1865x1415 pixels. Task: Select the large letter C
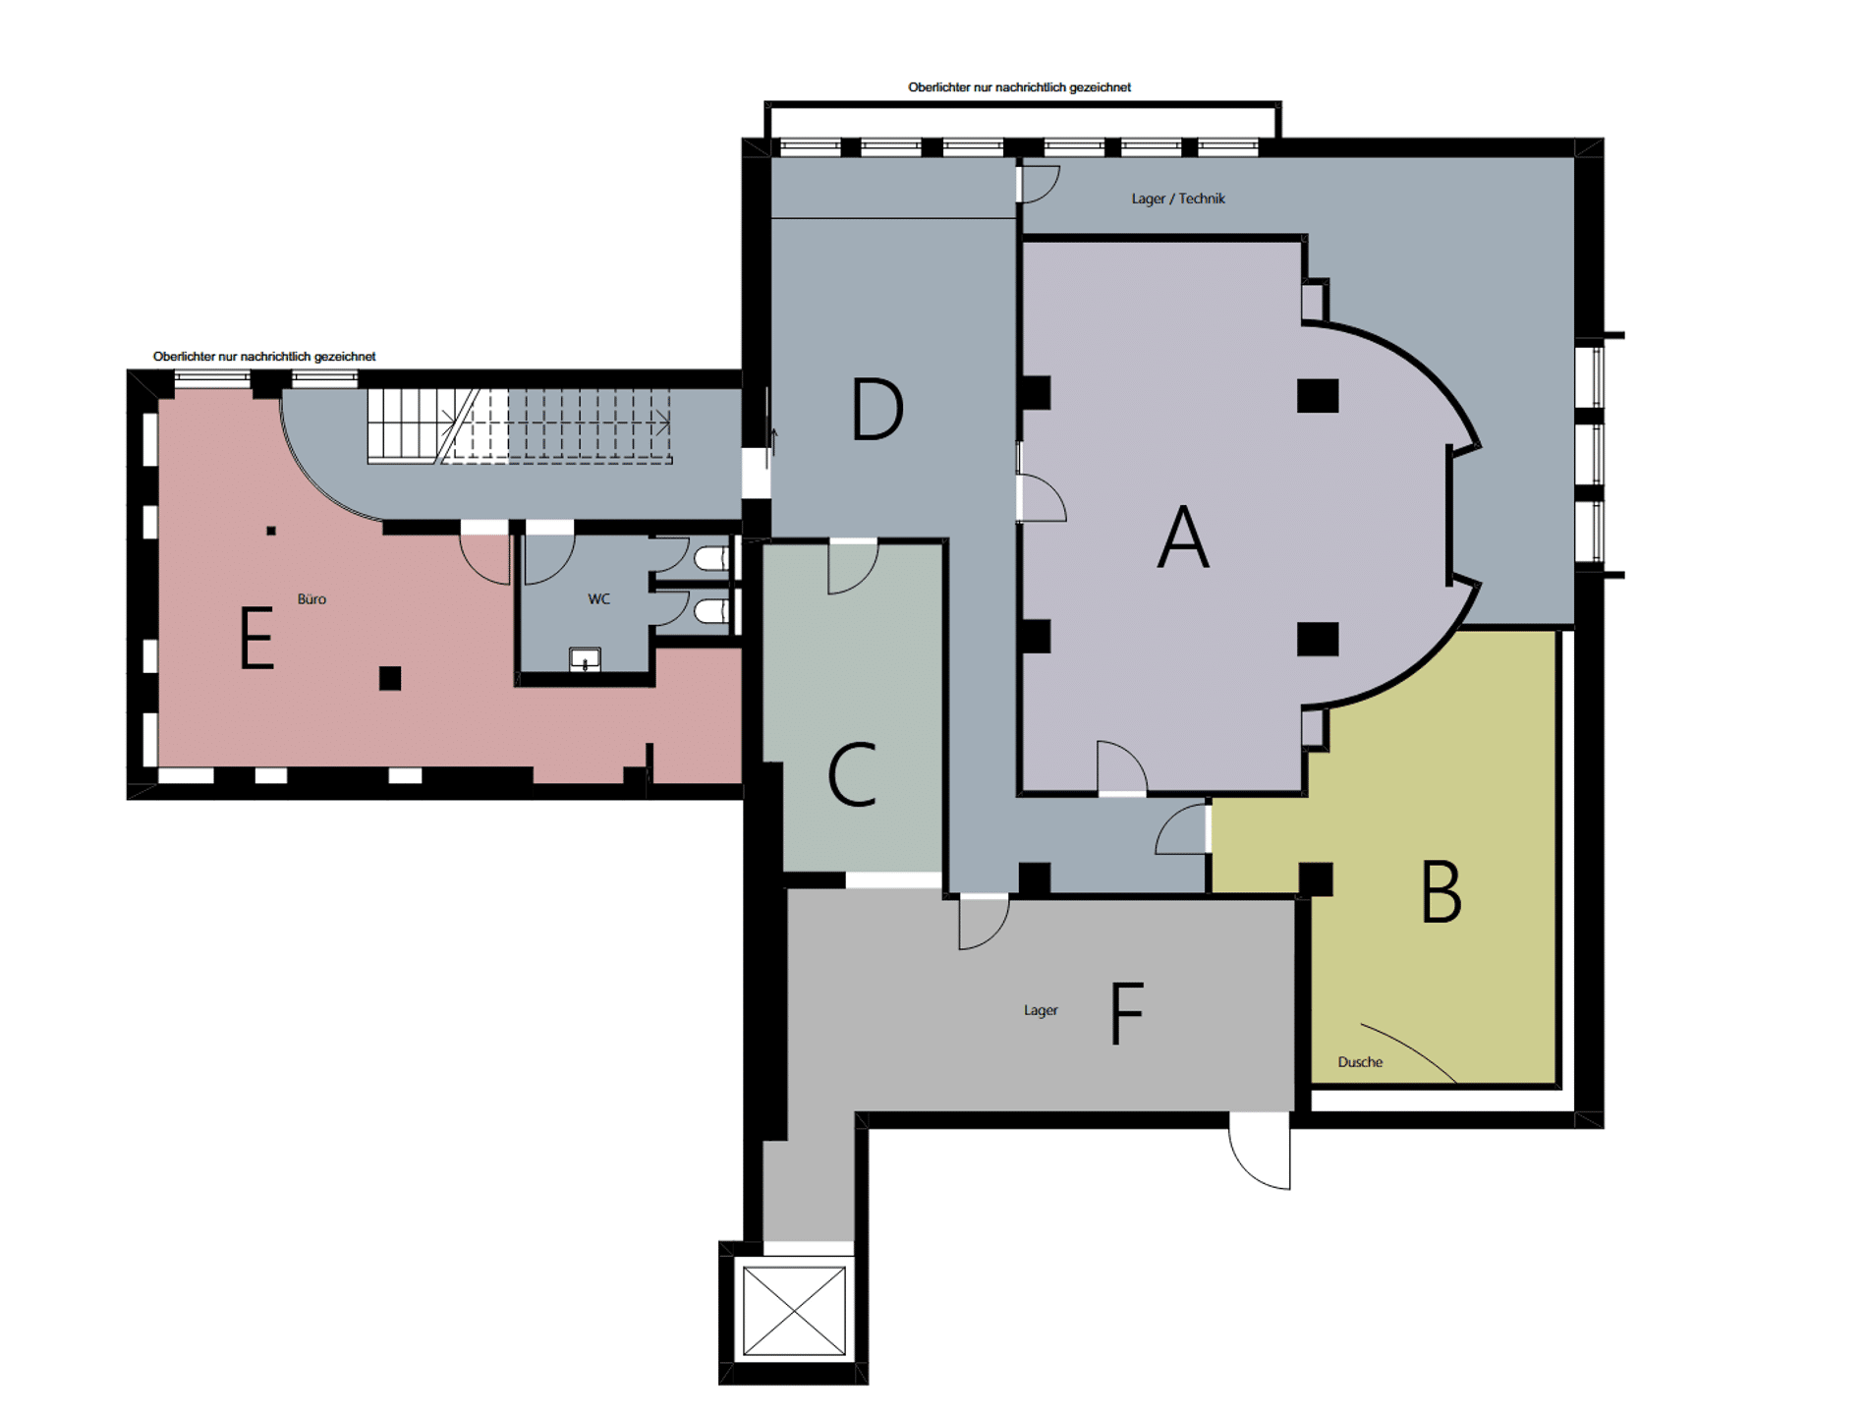click(852, 774)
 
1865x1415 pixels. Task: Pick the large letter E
click(256, 638)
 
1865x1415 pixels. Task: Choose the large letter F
click(1127, 1013)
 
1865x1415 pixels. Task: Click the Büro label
click(311, 598)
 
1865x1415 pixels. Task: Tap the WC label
click(598, 598)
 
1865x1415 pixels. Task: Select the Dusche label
click(1360, 1062)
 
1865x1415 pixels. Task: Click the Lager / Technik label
click(1178, 198)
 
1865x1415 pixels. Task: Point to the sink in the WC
click(585, 659)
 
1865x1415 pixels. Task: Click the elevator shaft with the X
click(794, 1311)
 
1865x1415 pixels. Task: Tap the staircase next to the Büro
click(520, 425)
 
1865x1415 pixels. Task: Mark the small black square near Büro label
click(271, 531)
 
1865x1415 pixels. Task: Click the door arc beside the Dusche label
click(1408, 1051)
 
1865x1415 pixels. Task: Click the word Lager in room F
click(1041, 1010)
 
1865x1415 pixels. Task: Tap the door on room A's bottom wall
click(1121, 767)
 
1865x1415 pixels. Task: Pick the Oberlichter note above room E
click(264, 357)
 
